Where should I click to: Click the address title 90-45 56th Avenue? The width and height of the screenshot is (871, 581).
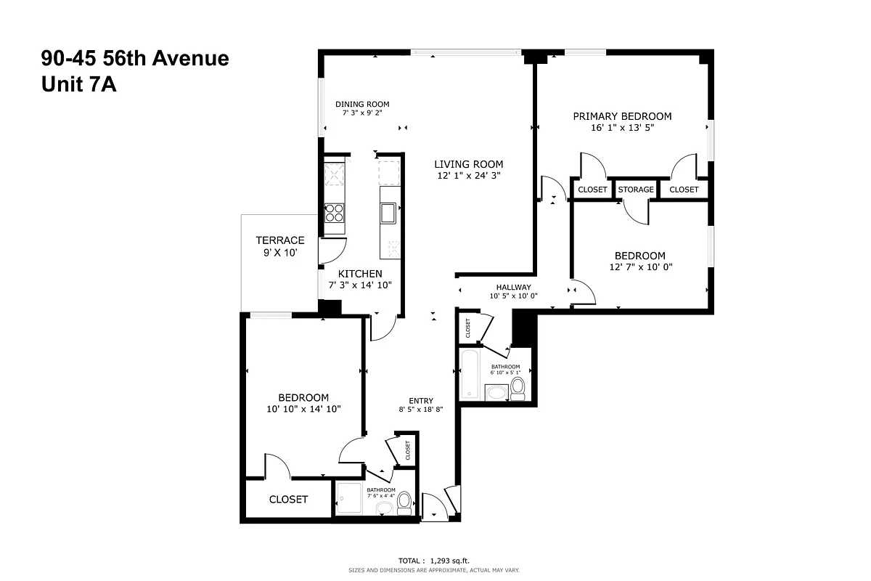135,58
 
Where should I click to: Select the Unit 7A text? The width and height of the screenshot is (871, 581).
79,85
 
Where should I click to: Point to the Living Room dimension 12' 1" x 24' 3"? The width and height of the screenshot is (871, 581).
468,175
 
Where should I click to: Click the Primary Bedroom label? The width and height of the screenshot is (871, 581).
622,116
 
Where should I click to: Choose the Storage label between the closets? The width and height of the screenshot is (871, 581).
636,190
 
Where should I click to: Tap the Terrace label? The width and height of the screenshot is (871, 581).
279,240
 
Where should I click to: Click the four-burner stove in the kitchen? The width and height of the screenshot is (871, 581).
335,212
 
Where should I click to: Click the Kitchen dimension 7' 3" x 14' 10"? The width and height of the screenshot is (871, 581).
361,285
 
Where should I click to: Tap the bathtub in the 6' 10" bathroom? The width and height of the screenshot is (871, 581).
470,373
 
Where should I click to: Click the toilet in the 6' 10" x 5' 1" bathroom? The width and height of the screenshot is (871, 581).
518,389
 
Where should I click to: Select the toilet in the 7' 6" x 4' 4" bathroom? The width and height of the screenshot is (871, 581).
404,503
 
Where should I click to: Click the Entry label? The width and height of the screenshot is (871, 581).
421,401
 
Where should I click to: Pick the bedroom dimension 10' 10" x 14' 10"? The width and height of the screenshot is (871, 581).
303,410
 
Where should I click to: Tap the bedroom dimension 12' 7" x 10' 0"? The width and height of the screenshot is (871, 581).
639,267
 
